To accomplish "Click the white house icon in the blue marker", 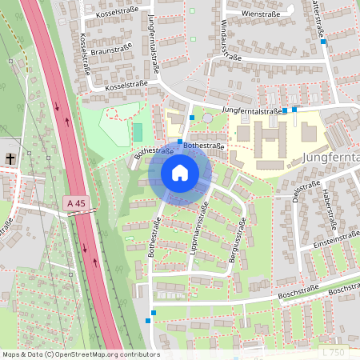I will [179, 172].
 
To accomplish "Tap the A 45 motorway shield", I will [76, 205].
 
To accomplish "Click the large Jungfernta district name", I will [331, 158].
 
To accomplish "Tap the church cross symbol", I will [10, 158].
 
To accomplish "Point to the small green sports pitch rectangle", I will [138, 130].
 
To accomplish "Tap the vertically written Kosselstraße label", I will [82, 51].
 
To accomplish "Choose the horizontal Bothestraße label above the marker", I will [203, 146].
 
